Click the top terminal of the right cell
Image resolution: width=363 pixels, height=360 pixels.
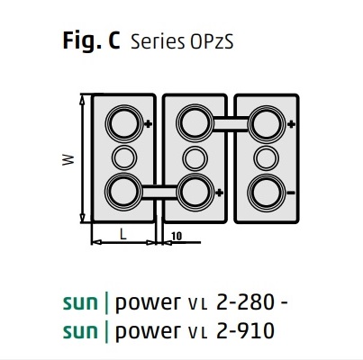pyautogui.click(x=265, y=121)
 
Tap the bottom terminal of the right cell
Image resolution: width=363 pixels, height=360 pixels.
pyautogui.click(x=265, y=190)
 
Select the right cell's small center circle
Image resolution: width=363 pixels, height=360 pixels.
pyautogui.click(x=265, y=156)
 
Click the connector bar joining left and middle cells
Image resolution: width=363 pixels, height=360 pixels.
pyautogui.click(x=159, y=190)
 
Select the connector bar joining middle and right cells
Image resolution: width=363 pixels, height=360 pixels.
pyautogui.click(x=230, y=121)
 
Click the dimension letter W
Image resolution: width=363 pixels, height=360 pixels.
pyautogui.click(x=68, y=158)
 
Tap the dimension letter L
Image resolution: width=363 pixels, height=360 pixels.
pyautogui.click(x=123, y=233)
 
